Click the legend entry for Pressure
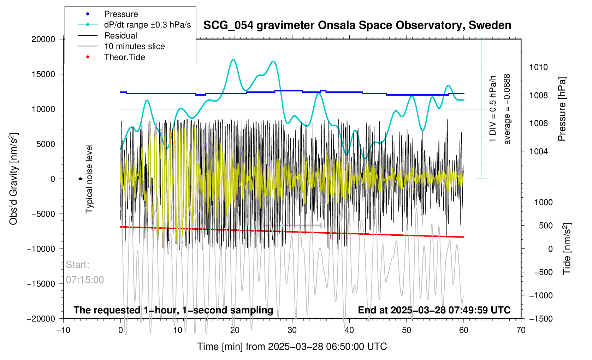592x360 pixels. [x=121, y=14]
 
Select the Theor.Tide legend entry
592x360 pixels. [x=124, y=57]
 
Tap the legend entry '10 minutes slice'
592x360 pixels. [x=134, y=46]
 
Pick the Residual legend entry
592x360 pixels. [x=120, y=36]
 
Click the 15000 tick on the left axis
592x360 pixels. [x=43, y=74]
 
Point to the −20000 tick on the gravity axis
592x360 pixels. [x=41, y=319]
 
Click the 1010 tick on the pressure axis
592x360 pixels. [x=538, y=67]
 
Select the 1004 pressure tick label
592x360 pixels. [x=538, y=151]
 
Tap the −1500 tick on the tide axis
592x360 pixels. [x=541, y=319]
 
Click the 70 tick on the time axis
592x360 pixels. [x=521, y=330]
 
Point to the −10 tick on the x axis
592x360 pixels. [x=63, y=330]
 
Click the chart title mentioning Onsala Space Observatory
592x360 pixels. [x=357, y=25]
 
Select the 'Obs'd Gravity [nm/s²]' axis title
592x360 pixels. [x=13, y=179]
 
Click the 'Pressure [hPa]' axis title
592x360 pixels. [x=562, y=109]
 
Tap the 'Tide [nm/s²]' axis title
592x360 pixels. [x=567, y=249]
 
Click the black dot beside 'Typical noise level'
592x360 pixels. [x=80, y=179]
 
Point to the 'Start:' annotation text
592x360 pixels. [x=77, y=265]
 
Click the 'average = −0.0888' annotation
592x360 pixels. [x=507, y=109]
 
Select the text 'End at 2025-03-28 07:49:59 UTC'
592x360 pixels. [x=434, y=310]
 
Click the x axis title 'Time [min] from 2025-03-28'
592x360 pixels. [x=292, y=347]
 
